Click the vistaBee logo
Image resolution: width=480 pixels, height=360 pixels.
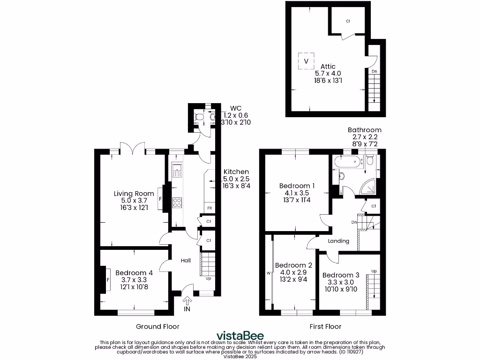240,336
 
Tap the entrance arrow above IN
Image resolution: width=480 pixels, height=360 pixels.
187,300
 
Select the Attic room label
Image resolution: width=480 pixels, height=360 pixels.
328,67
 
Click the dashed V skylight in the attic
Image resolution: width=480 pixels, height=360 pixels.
306,61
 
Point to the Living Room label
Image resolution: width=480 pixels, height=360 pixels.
134,194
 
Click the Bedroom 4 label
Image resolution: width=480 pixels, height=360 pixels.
134,273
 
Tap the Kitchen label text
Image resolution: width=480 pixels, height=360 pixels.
236,172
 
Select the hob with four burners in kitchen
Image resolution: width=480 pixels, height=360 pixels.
178,202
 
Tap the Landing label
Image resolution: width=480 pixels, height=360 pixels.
338,241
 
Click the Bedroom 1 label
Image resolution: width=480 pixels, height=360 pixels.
297,186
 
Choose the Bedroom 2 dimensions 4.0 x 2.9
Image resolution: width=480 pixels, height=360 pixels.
293,272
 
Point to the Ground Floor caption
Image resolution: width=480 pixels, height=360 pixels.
157,326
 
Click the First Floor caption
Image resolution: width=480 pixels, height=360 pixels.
325,326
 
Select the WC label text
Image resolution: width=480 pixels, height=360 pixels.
229,108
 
